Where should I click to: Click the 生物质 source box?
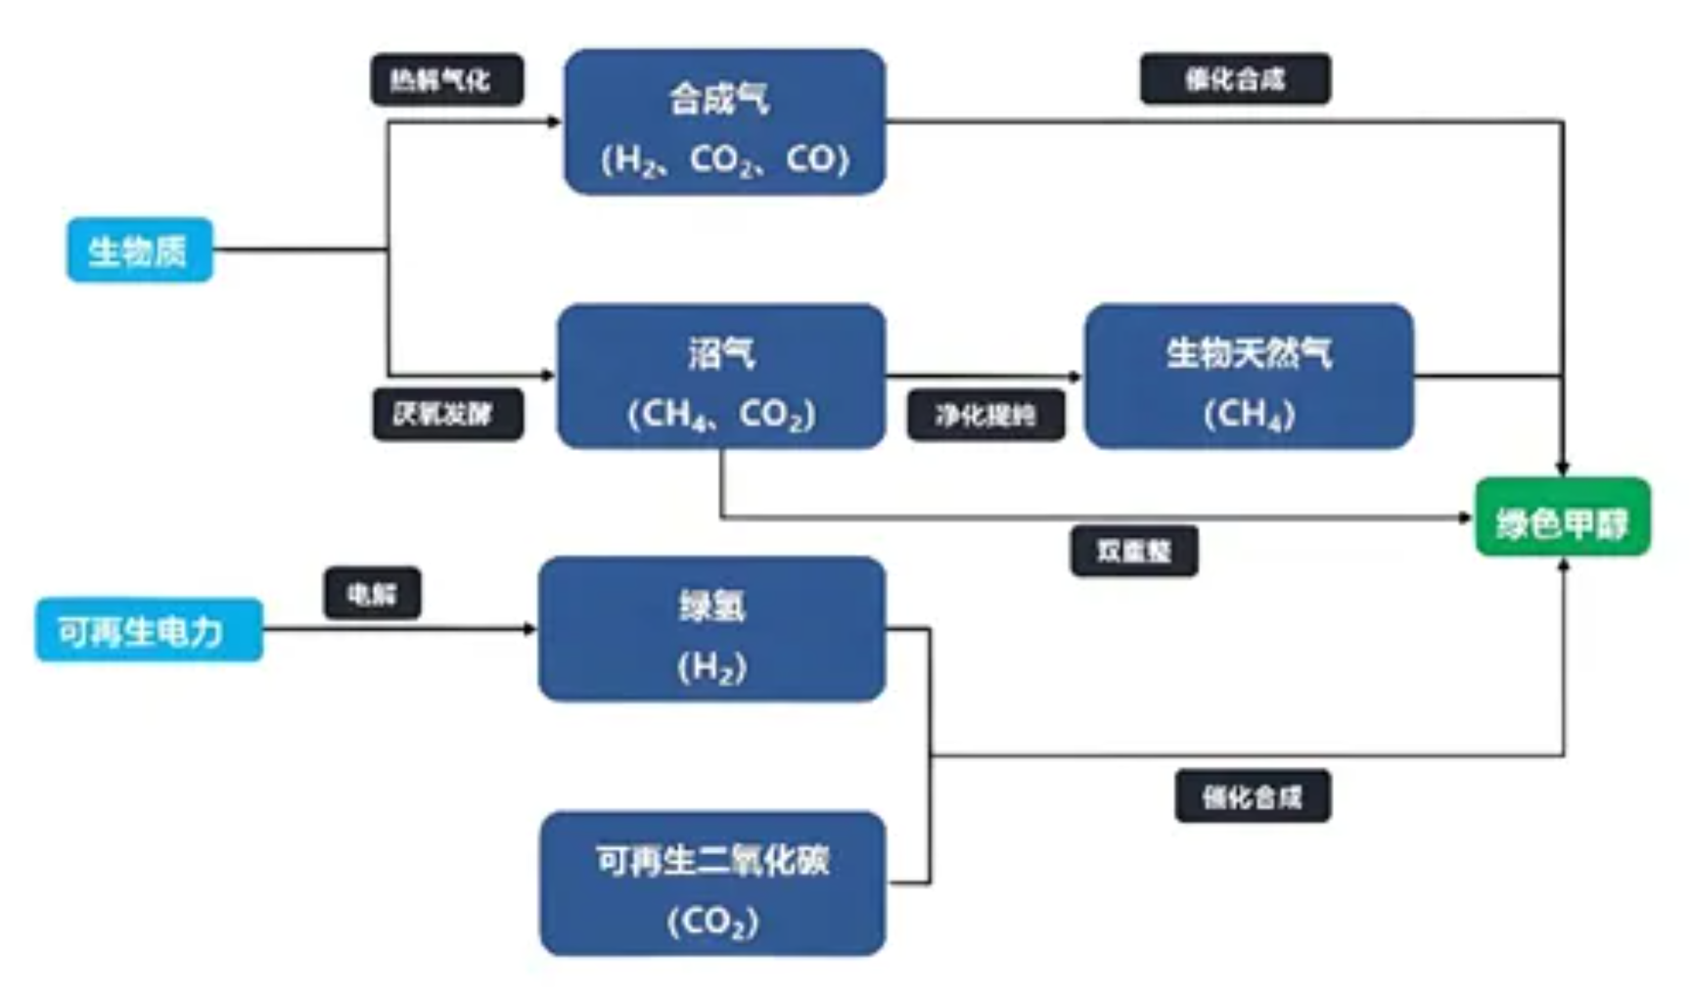139,250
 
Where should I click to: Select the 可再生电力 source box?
149,630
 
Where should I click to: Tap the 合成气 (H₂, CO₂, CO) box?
724,122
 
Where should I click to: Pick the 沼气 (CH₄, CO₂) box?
721,377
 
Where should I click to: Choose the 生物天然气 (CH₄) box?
1249,377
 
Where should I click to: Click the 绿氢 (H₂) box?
711,629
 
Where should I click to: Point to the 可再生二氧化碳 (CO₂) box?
712,883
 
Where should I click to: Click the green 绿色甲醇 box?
1563,518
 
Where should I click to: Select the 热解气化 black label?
446,79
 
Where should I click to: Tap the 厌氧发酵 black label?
447,414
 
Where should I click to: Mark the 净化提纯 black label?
985,416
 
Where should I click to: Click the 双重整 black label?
1133,552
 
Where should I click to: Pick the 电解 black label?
372,593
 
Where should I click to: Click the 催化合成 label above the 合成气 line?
1235,79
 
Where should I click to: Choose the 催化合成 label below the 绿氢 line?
1253,796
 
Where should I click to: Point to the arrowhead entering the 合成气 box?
555,122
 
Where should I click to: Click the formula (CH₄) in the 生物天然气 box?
1249,414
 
